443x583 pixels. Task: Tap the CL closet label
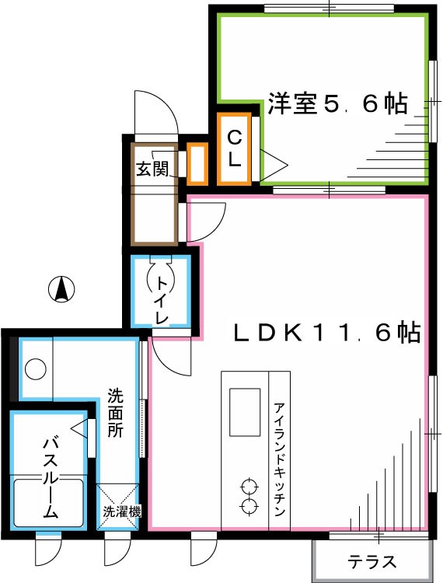coord(234,149)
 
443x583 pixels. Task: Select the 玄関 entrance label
coord(152,169)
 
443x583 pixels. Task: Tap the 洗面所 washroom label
coord(115,412)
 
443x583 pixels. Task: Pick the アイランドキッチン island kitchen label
coord(279,460)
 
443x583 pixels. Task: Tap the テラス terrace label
coord(372,561)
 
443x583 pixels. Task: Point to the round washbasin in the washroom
coord(35,368)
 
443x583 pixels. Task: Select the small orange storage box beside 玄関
coord(197,163)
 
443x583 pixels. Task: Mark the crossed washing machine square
coord(117,505)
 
